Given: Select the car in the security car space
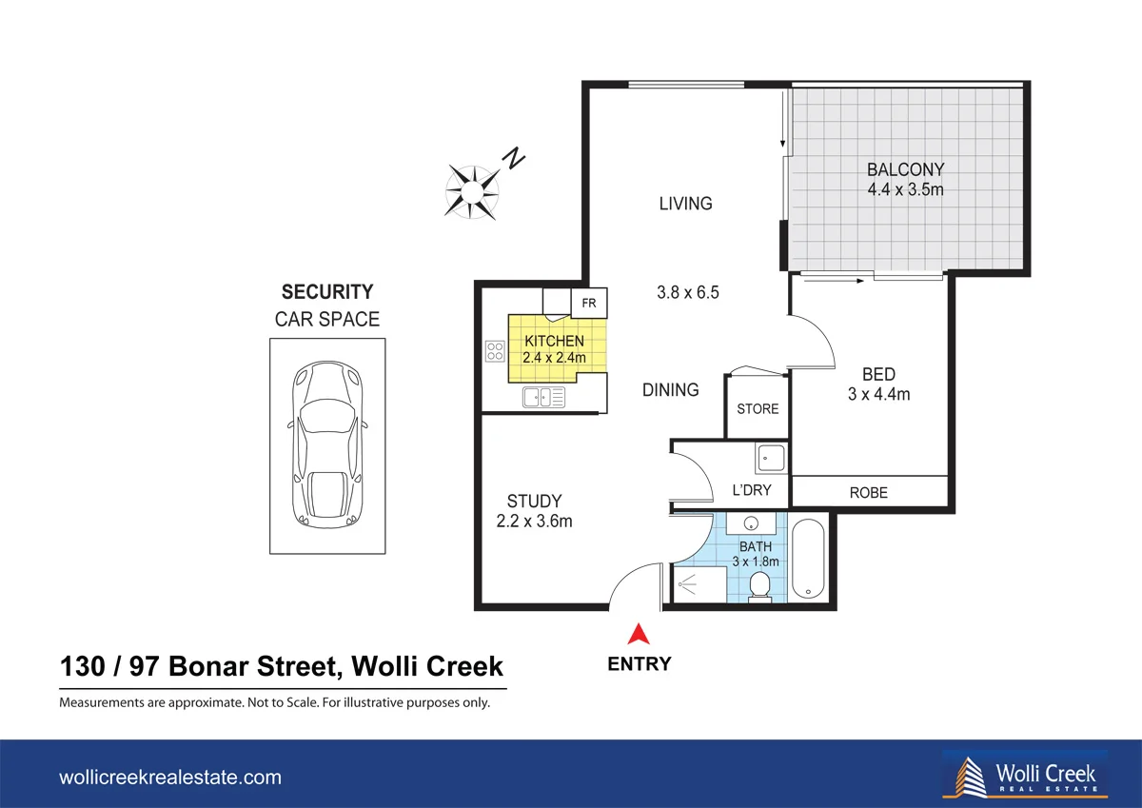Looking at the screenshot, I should pos(328,443).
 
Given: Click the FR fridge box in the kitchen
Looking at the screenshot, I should pos(588,304).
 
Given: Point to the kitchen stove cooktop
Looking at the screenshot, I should pos(495,351).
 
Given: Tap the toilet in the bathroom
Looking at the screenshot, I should pos(759,586).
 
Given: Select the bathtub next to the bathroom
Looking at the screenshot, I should pos(809,559).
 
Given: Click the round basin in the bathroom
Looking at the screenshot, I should pos(751,524).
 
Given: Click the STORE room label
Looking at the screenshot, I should pos(758,409).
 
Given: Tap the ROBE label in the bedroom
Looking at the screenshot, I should pos(868,492).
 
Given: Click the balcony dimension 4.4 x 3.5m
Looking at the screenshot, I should pos(905,189).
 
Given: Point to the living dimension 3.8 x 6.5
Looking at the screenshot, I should pos(687,293).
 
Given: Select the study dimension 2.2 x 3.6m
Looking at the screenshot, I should pos(534,521).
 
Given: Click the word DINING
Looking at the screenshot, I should pos(670,390).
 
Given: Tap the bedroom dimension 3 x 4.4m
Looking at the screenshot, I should pos(878,393).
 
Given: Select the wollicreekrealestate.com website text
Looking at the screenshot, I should pos(170,778).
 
